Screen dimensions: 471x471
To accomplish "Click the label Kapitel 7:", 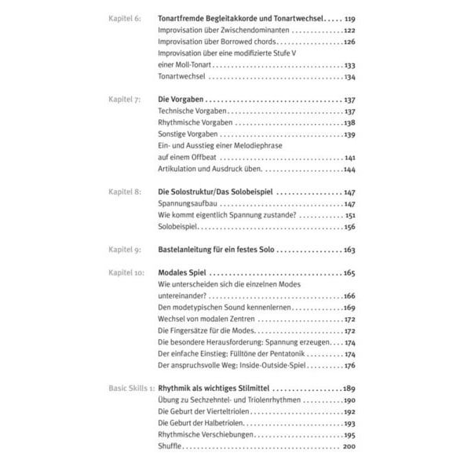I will pos(124,101).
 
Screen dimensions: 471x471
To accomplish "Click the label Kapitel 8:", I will pos(124,192).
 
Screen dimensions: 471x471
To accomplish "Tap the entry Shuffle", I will pos(170,447).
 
